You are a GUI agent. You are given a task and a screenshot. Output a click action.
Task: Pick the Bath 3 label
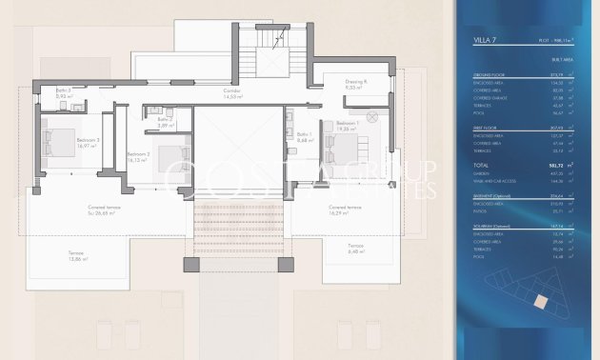pyautogui.click(x=63, y=93)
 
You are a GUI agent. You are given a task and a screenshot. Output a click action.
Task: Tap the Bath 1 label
pyautogui.click(x=304, y=138)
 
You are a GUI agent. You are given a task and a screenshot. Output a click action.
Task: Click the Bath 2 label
pyautogui.click(x=164, y=121)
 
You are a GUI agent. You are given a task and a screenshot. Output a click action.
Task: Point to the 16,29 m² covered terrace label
pyautogui.click(x=344, y=209)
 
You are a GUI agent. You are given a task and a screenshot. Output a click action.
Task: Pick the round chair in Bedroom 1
pyautogui.click(x=372, y=115)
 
